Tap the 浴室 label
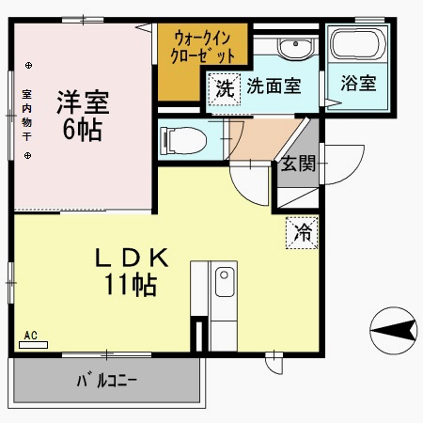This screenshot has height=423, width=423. tap(357, 83)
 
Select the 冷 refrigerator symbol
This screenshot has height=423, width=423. tap(302, 230)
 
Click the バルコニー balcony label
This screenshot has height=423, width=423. tap(107, 383)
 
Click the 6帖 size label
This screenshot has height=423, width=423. tap(83, 130)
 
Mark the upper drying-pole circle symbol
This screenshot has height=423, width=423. tap(28, 65)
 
